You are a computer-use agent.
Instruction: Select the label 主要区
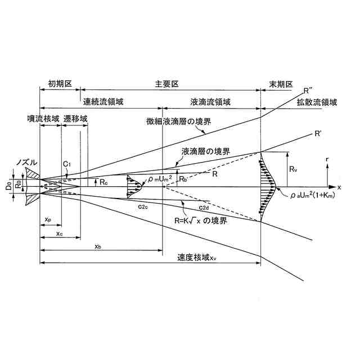(x=167, y=83)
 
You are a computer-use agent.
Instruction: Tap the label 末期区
(x=281, y=83)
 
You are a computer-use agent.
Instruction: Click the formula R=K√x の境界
(x=201, y=221)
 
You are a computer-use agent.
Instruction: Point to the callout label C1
(x=66, y=163)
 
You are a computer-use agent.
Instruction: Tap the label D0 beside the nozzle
(x=9, y=184)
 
